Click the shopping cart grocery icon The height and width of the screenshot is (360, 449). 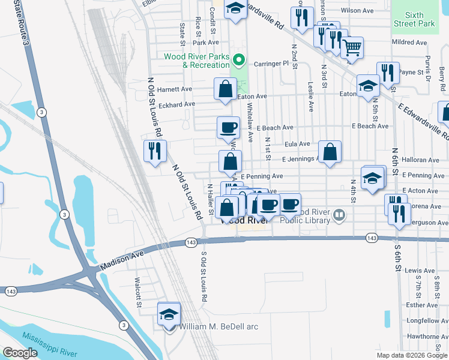click(352, 47)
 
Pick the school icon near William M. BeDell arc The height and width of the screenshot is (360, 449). click(169, 314)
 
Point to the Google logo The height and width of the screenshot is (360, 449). click(20, 353)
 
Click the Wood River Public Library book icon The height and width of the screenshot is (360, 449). click(340, 214)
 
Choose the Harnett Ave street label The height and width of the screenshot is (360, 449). click(174, 89)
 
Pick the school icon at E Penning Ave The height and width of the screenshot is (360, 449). click(373, 178)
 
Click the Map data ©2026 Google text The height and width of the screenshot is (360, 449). click(411, 355)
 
